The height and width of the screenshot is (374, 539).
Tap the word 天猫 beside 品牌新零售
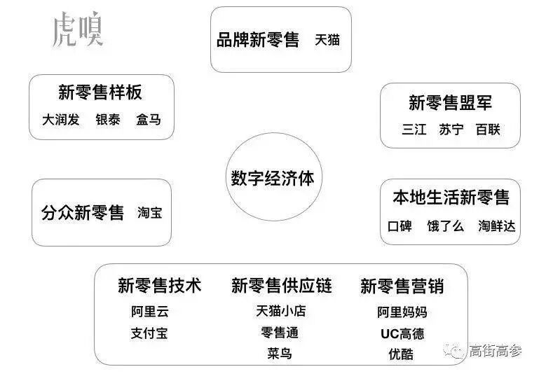pyautogui.click(x=327, y=40)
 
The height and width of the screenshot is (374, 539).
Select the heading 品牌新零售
pyautogui.click(x=257, y=40)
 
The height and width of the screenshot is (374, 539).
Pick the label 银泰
pyautogui.click(x=108, y=120)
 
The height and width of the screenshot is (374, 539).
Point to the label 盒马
pyautogui.click(x=149, y=120)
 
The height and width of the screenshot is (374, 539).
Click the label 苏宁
pyautogui.click(x=451, y=130)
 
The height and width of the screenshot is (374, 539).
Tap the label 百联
pyautogui.click(x=488, y=130)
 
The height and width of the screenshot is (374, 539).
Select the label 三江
pyautogui.click(x=414, y=130)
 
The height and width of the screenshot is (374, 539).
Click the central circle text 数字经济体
pyautogui.click(x=273, y=178)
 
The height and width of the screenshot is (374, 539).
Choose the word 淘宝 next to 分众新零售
pyautogui.click(x=150, y=213)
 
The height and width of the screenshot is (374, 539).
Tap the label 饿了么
pyautogui.click(x=446, y=226)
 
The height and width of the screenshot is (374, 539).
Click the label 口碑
pyautogui.click(x=400, y=226)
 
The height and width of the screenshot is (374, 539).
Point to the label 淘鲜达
pyautogui.click(x=497, y=226)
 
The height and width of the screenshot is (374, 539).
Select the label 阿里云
pyautogui.click(x=150, y=312)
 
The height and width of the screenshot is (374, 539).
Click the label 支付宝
pyautogui.click(x=149, y=333)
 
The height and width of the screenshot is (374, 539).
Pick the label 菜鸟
pyautogui.click(x=280, y=353)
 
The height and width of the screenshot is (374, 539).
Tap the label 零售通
pyautogui.click(x=280, y=333)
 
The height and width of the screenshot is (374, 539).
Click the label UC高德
pyautogui.click(x=402, y=333)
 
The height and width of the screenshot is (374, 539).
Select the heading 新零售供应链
pyautogui.click(x=281, y=286)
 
